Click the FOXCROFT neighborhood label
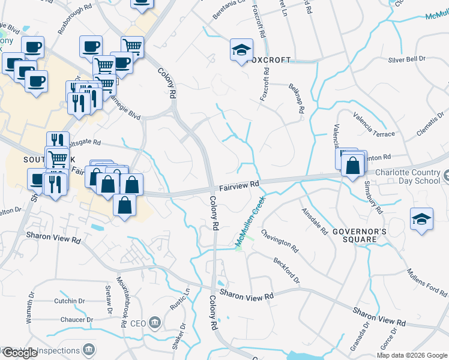[x=267, y=60]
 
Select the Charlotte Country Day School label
[x=411, y=177]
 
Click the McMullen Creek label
[x=250, y=224]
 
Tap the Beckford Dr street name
[x=286, y=271]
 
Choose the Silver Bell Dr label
[x=406, y=59]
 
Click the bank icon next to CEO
[x=155, y=323]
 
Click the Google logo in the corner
[x=19, y=353]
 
